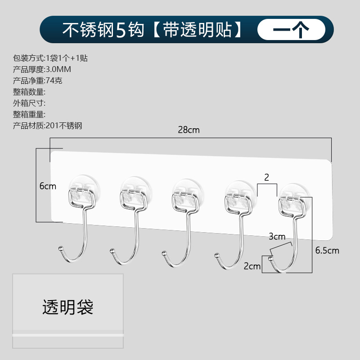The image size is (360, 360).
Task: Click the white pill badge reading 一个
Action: click(x=291, y=30)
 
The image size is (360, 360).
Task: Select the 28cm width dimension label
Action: click(x=189, y=130)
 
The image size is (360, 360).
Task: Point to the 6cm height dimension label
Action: click(x=48, y=186)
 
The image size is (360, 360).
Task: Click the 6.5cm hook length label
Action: click(x=327, y=250)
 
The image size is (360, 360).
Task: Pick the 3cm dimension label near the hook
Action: click(x=277, y=236)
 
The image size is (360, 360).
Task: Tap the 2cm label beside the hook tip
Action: click(x=252, y=266)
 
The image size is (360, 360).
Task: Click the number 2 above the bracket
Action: click(x=266, y=177)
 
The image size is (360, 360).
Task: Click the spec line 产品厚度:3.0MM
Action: click(x=42, y=69)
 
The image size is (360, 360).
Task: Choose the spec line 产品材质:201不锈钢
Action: click(x=48, y=126)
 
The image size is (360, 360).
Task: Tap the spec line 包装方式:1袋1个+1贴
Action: click(x=50, y=58)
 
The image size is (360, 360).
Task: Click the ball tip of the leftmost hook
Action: click(x=60, y=248)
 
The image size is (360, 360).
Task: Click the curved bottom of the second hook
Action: click(x=127, y=260)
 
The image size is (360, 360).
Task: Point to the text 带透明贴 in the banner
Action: click(x=198, y=30)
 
